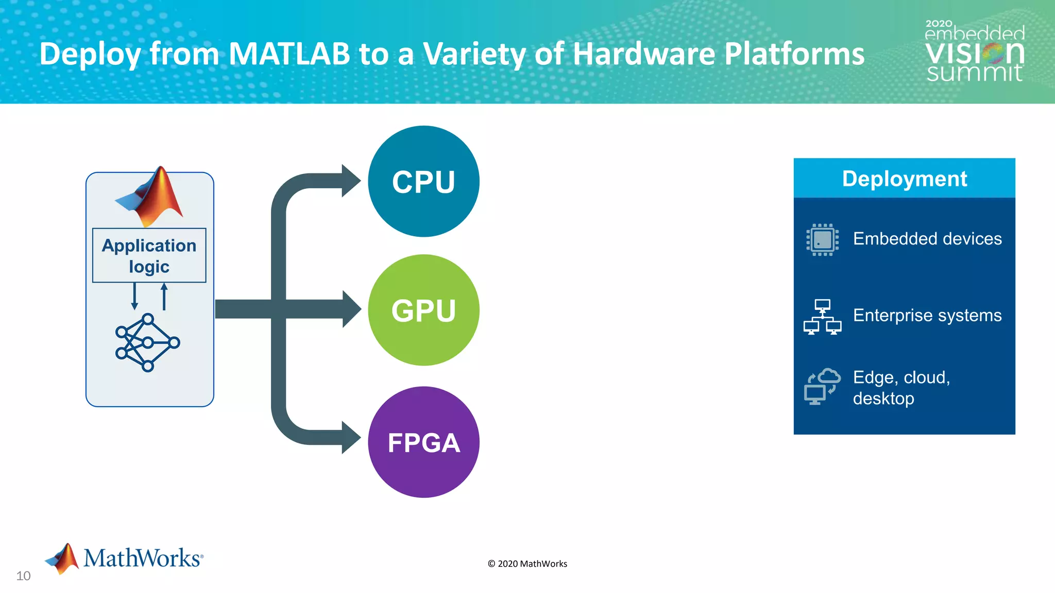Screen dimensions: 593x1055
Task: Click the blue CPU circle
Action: click(423, 181)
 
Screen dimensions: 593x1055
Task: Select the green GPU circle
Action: click(423, 310)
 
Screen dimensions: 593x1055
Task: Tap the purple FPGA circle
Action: click(423, 442)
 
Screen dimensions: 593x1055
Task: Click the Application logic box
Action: click(149, 255)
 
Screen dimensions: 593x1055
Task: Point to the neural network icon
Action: click(147, 342)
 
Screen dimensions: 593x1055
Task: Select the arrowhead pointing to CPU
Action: click(351, 181)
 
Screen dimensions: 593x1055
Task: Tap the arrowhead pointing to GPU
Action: click(352, 309)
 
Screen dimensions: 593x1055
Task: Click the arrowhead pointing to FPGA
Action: click(351, 438)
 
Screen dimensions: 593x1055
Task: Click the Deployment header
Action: click(904, 179)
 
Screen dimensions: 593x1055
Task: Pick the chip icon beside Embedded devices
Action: click(822, 239)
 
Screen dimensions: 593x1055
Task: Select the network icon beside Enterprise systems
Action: click(822, 317)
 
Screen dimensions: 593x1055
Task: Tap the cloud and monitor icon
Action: click(822, 387)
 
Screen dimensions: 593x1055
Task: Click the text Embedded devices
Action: click(927, 239)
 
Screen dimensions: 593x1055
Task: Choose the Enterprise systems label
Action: click(927, 315)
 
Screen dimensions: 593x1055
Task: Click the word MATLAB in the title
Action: click(289, 54)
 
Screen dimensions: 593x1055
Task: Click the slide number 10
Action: click(23, 576)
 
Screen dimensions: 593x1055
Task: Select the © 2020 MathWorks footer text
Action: click(527, 564)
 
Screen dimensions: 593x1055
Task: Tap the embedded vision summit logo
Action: click(974, 51)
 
